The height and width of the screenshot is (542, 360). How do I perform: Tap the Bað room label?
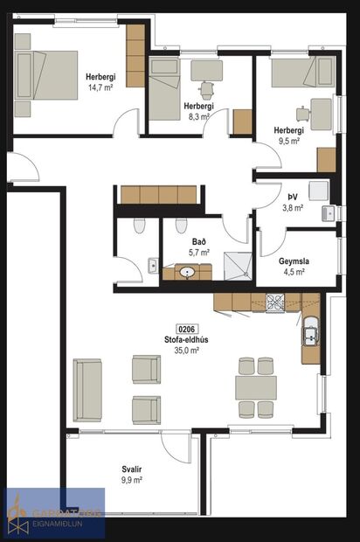[x=200, y=240]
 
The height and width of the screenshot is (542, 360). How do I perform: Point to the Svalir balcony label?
[x=132, y=469]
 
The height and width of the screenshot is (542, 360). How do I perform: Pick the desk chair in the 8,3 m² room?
[x=208, y=89]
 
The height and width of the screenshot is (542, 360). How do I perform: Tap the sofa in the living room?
[x=87, y=389]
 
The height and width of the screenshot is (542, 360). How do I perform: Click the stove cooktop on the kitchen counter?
[x=275, y=304]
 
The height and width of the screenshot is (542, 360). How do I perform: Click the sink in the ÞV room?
[x=329, y=212]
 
